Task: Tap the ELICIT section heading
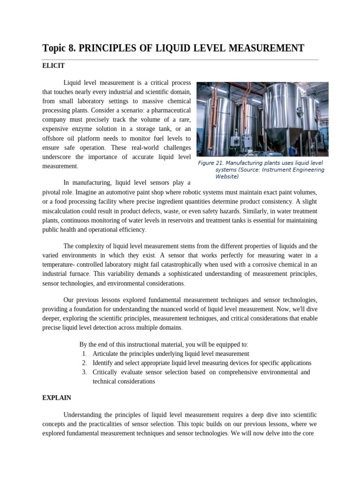point(53,66)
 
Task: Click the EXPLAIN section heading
point(56,397)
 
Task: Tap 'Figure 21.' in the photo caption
point(210,163)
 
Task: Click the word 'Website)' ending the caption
point(227,177)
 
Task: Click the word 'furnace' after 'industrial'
point(77,274)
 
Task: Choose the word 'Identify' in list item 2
point(104,363)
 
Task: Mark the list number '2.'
point(84,363)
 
